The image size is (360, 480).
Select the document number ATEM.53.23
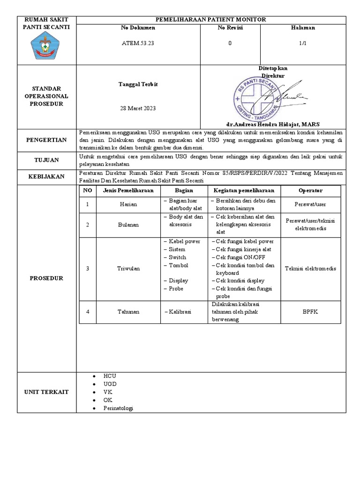138,43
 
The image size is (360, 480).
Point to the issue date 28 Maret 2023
138,108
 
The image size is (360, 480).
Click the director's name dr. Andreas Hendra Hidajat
279,124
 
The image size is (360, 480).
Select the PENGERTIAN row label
46,140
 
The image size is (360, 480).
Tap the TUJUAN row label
46,160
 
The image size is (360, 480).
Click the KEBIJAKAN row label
46,177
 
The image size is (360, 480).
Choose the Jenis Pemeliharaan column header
128,191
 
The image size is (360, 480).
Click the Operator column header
310,191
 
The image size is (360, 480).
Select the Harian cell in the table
128,204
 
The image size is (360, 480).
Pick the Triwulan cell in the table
128,269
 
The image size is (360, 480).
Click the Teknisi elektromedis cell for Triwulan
310,269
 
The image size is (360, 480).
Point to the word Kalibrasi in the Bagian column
180,311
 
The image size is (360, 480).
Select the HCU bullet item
110,376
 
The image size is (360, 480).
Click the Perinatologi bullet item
118,408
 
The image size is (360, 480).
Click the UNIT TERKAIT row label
46,392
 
